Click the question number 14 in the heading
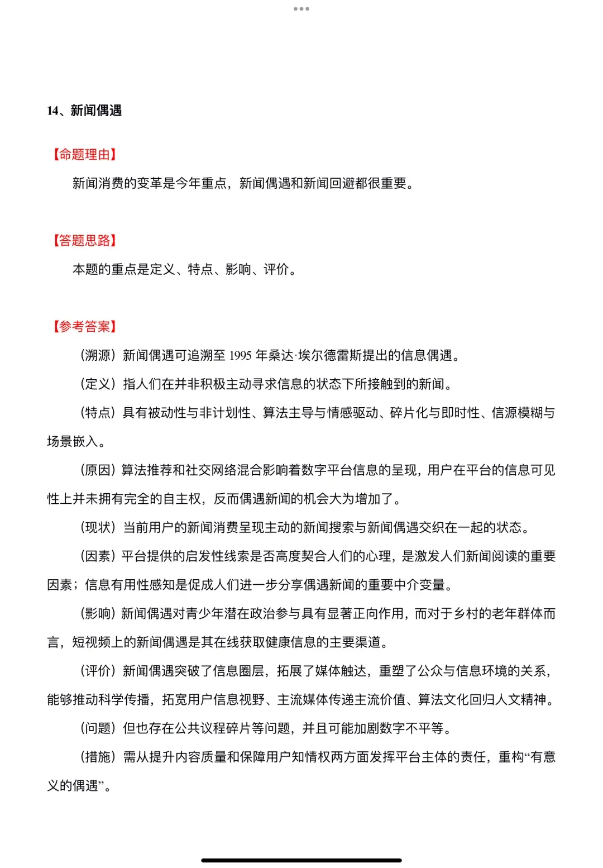pyautogui.click(x=52, y=111)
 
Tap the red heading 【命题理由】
pyautogui.click(x=84, y=155)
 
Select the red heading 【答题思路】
pyautogui.click(x=84, y=241)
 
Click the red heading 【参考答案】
pyautogui.click(x=84, y=327)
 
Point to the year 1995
pyautogui.click(x=240, y=356)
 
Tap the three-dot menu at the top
pyautogui.click(x=301, y=9)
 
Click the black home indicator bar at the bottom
pyautogui.click(x=301, y=860)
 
